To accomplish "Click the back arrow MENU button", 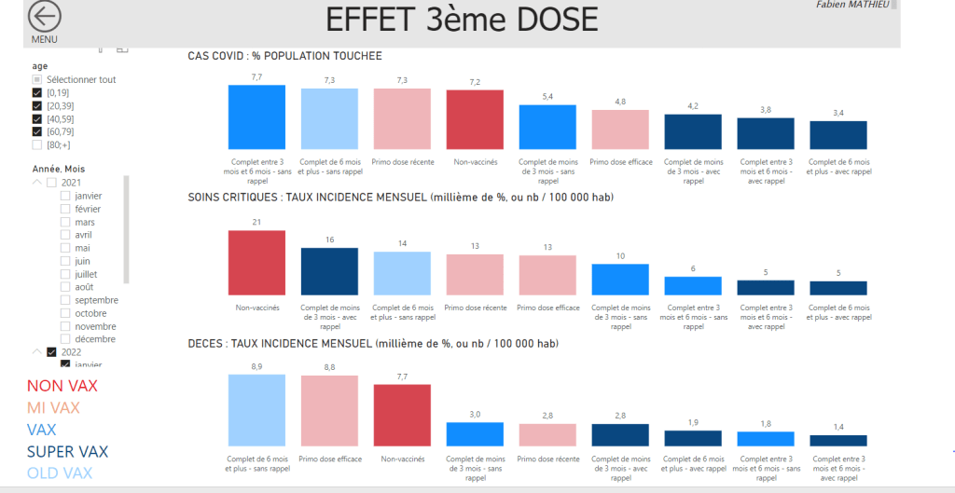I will [x=44, y=18].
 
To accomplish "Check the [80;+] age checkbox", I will [x=37, y=144].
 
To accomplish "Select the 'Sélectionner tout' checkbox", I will [x=37, y=79].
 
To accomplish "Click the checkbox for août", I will [x=65, y=287].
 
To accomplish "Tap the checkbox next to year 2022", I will [x=51, y=352].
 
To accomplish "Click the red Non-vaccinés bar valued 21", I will [x=256, y=263].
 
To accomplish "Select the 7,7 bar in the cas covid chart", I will [x=256, y=116].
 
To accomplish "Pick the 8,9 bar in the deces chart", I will [x=256, y=410].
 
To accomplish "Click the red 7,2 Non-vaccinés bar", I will [x=475, y=119].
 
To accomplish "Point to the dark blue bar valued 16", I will [x=329, y=271].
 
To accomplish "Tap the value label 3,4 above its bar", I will [x=837, y=113].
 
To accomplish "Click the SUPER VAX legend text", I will [x=67, y=452].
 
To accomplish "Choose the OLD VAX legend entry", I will [x=60, y=473].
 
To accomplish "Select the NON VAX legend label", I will [x=62, y=386].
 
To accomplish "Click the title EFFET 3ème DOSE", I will [x=462, y=21].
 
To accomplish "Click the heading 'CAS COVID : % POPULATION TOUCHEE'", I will [x=284, y=57].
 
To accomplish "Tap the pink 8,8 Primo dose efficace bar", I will [x=329, y=411].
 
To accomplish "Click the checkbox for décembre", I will [x=65, y=339].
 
